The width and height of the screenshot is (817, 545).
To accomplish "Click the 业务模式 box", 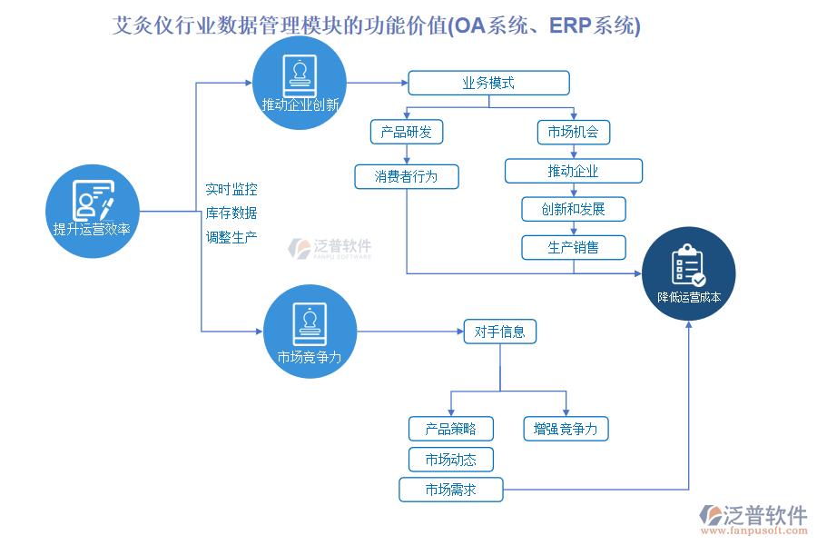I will tap(488, 84).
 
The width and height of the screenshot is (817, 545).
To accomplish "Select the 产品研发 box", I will tap(407, 132).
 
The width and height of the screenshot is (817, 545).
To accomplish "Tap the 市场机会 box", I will tap(573, 132).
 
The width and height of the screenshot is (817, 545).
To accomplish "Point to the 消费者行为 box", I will tap(407, 176).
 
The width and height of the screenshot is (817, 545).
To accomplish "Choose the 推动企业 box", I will tap(573, 171).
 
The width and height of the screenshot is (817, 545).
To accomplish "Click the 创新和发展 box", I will tap(573, 209).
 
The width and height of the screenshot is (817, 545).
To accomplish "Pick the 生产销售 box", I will tap(573, 247).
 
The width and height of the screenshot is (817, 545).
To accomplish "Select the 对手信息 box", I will tap(499, 332).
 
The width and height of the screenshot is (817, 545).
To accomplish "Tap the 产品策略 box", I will tap(450, 429).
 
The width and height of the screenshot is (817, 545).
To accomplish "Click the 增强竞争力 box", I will tap(566, 429).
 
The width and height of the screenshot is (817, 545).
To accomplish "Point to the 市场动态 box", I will tap(450, 460).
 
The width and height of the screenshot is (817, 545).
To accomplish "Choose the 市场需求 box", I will tap(450, 490).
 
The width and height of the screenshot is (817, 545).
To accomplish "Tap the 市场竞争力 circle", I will tap(309, 332).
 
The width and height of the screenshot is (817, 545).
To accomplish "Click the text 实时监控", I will tap(231, 189).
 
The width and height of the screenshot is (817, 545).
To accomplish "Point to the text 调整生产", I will tap(231, 237).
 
